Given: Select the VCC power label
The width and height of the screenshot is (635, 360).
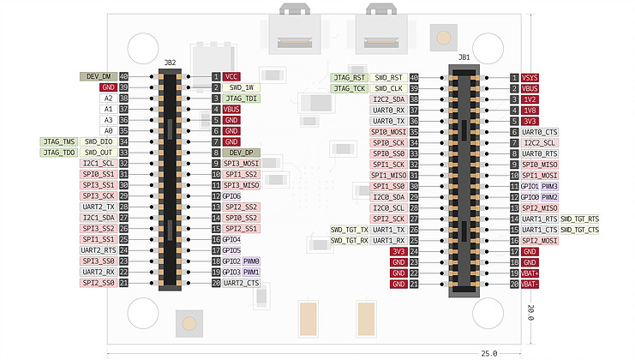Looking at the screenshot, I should tap(231, 76).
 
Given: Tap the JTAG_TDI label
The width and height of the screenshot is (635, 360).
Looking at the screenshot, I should tap(242, 99).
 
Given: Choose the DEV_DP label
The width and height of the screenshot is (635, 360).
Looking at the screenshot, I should tap(239, 153).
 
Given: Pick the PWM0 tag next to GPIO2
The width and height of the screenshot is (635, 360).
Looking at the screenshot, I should tap(252, 261).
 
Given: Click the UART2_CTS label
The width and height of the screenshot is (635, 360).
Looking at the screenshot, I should tap(242, 283).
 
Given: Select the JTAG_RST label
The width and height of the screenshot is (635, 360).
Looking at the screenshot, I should tap(349, 77).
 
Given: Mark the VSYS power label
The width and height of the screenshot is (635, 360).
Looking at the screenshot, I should tap(530, 77).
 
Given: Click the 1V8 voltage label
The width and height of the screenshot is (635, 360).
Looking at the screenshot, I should tap(530, 110).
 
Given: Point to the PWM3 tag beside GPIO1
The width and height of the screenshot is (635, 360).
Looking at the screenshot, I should tap(549, 186).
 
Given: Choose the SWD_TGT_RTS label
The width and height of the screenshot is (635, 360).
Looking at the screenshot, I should tap(580, 219).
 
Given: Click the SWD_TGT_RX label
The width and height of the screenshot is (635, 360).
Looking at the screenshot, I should tap(350, 241).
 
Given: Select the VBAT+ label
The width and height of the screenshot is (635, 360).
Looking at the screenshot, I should tap(530, 273).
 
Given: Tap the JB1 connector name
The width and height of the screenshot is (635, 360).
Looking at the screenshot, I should tap(464, 57).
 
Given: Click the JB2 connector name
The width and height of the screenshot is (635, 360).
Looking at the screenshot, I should tap(170, 63).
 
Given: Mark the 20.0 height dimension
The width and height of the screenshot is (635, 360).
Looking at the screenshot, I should tap(531, 312).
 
